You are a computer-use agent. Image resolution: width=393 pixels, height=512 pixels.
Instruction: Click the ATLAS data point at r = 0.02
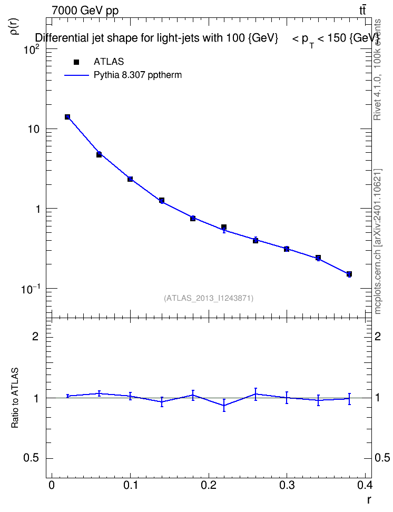pyautogui.click(x=67, y=117)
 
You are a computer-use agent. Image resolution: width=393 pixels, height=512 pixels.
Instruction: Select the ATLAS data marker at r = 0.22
pyautogui.click(x=224, y=227)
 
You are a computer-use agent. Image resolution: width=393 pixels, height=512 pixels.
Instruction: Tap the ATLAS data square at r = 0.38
pyautogui.click(x=349, y=274)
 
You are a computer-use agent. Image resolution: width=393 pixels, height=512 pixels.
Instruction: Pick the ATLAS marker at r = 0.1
pyautogui.click(x=130, y=179)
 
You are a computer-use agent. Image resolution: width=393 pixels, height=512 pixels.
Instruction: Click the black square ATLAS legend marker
pyautogui.click(x=76, y=62)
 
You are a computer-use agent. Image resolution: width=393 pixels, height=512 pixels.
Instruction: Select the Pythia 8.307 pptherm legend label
pyautogui.click(x=137, y=75)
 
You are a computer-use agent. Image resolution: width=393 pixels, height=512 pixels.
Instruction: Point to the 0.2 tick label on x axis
pyautogui.click(x=209, y=485)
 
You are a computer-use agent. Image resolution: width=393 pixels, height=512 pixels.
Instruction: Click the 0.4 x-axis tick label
pyautogui.click(x=365, y=485)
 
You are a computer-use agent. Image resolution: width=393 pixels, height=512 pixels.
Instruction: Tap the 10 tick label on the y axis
pyautogui.click(x=34, y=129)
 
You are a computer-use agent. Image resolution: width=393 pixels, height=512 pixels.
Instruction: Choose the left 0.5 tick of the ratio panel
pyautogui.click(x=31, y=458)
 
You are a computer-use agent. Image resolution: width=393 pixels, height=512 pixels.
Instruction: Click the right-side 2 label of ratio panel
pyautogui.click(x=378, y=336)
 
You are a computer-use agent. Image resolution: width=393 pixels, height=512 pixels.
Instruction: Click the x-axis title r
pyautogui.click(x=369, y=500)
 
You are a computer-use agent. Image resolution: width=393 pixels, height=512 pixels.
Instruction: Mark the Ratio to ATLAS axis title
pyautogui.click(x=15, y=398)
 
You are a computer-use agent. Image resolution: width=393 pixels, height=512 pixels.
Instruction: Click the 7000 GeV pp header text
pyautogui.click(x=85, y=11)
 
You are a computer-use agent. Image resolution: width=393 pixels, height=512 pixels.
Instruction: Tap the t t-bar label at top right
pyautogui.click(x=362, y=10)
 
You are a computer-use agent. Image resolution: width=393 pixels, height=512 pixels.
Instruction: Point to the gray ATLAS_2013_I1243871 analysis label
pyautogui.click(x=209, y=298)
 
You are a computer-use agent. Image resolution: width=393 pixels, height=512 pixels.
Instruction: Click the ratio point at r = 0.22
pyautogui.click(x=224, y=405)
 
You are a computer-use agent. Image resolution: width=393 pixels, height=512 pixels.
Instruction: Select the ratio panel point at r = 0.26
pyautogui.click(x=256, y=394)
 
